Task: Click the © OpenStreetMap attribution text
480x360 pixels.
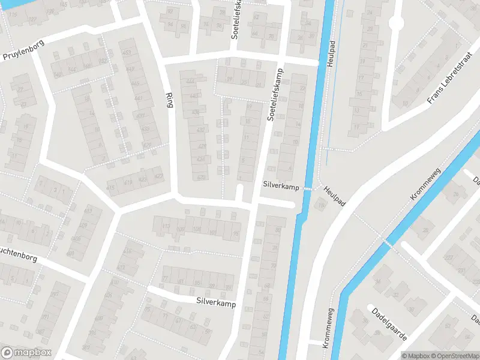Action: click(x=454, y=355)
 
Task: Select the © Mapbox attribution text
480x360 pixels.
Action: click(x=415, y=355)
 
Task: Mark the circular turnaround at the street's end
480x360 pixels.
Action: click(x=395, y=23)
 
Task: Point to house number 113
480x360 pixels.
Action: click(x=165, y=226)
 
